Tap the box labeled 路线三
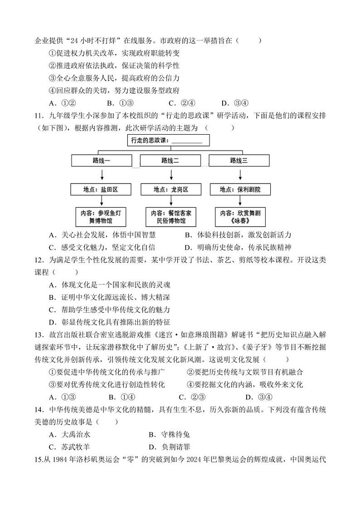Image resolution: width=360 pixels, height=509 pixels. click(239, 160)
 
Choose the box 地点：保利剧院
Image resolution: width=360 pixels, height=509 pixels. click(239, 189)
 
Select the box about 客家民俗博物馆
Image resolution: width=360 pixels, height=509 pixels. click(170, 217)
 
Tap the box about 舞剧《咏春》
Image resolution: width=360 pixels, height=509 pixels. click(239, 217)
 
